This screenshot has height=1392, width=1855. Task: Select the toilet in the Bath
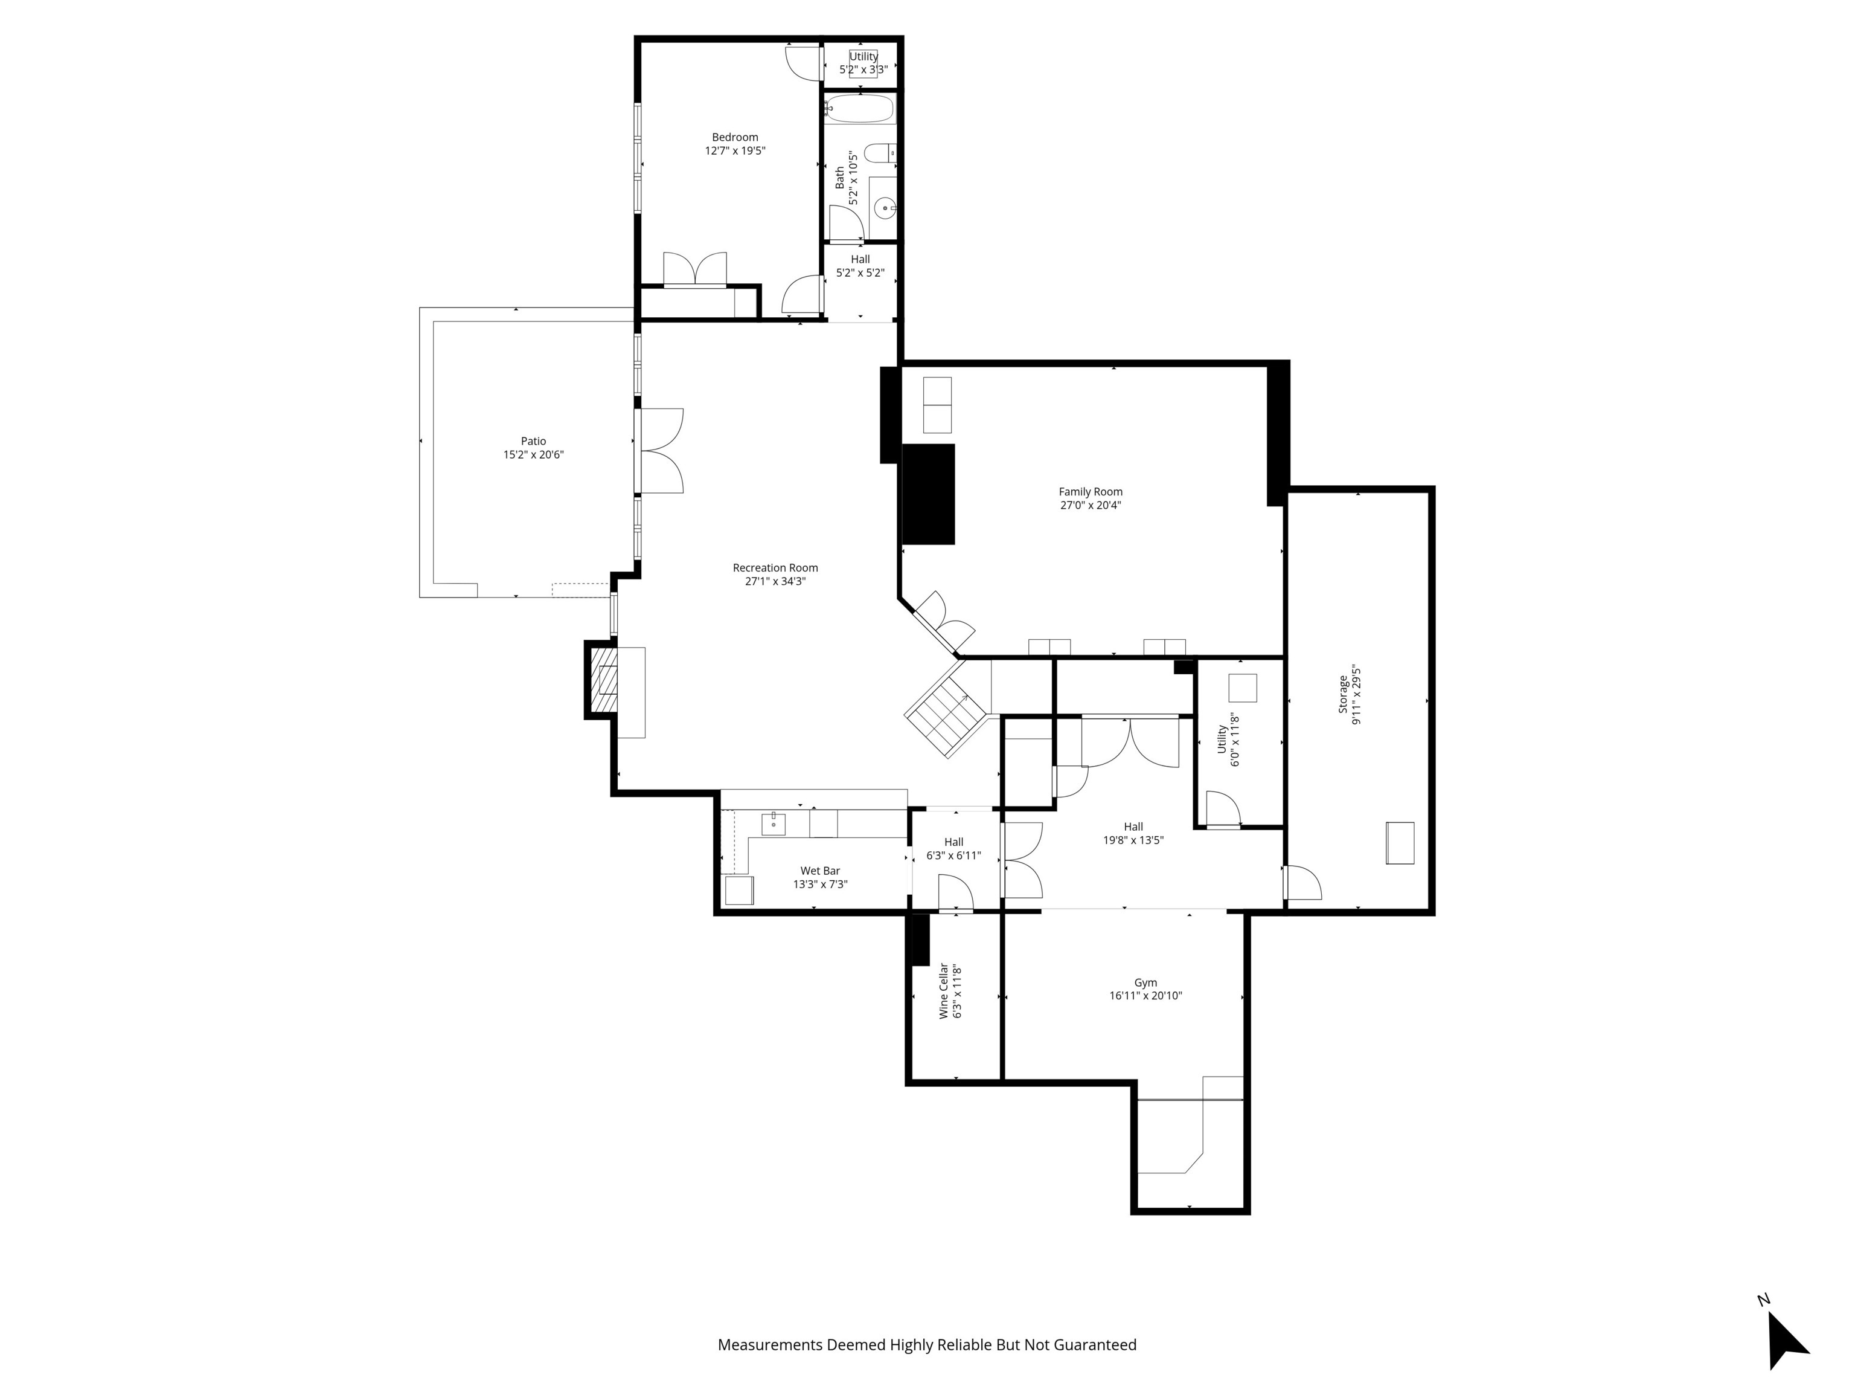coord(879,153)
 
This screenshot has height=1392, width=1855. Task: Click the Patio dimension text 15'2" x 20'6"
coord(533,455)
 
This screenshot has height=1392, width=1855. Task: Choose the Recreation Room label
coord(775,568)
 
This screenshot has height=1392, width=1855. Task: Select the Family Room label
coord(1090,492)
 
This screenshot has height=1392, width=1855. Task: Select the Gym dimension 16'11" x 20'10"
coord(1145,996)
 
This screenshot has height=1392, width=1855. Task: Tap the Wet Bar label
coord(819,871)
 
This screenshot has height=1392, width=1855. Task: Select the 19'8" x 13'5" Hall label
coord(1133,840)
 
